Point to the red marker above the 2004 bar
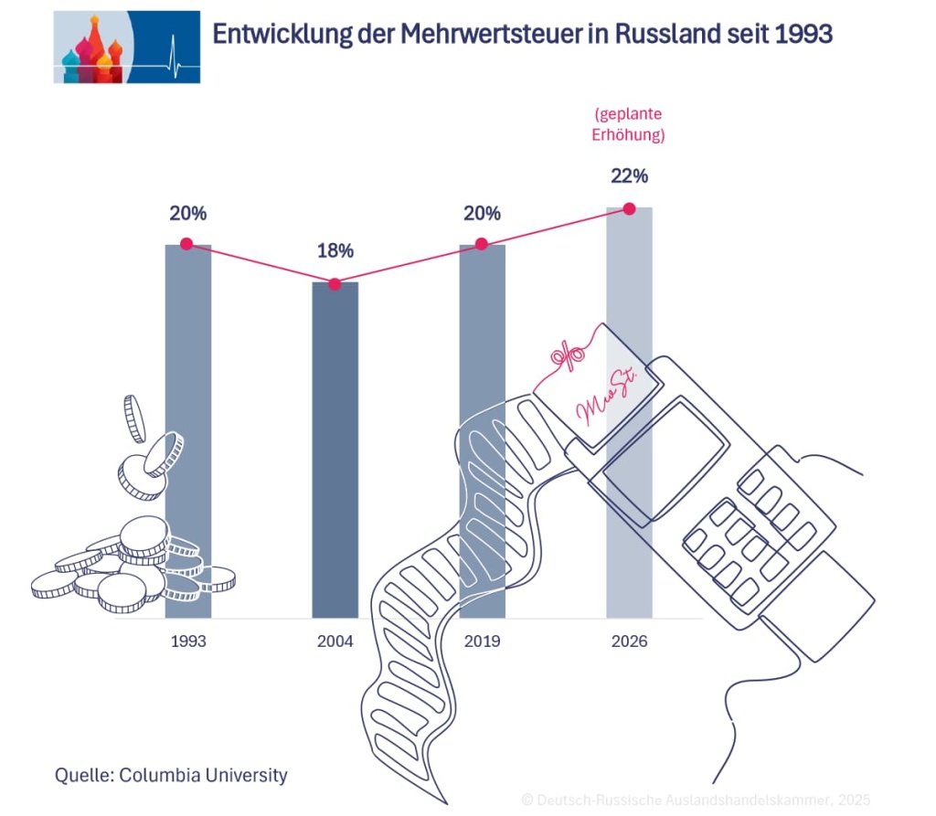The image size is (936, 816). (335, 284)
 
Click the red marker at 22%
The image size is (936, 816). (629, 208)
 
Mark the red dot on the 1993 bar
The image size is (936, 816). (187, 244)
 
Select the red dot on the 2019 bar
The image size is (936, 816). (482, 244)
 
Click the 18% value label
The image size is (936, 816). (335, 251)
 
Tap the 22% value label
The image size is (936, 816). (629, 175)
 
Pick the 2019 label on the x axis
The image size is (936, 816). (482, 641)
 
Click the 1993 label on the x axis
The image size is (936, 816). (188, 641)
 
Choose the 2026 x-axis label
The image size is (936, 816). (629, 641)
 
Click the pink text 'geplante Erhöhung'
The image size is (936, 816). (628, 125)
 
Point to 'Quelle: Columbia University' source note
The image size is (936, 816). (171, 776)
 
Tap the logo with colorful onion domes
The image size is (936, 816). (126, 47)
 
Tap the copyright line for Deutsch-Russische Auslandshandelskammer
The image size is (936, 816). (695, 800)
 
